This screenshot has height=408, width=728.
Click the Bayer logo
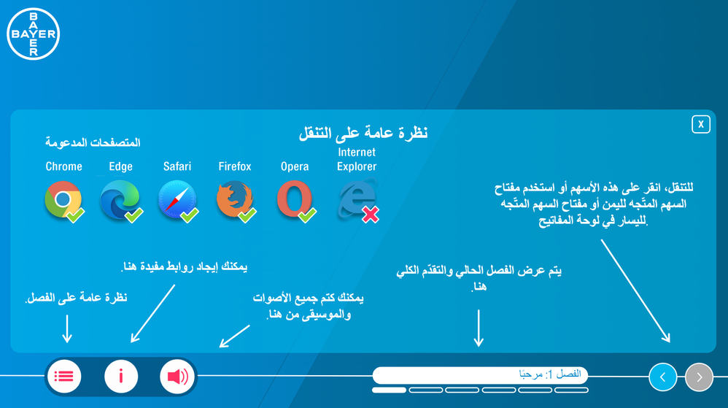point(34,34)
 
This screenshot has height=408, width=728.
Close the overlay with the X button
point(700,124)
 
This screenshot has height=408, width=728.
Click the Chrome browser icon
point(63,199)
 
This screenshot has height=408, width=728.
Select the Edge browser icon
point(120,199)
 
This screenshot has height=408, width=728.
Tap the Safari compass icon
point(177,199)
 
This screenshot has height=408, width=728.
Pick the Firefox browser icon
point(234,200)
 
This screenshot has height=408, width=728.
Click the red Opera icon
point(295,199)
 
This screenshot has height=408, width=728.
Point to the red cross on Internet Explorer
point(370,215)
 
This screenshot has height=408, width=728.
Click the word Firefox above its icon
point(235,166)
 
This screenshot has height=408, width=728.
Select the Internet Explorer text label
point(357,159)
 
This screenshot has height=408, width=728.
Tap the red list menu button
point(64,377)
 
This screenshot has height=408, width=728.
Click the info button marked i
point(120,377)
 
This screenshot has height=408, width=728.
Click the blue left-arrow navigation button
point(662,377)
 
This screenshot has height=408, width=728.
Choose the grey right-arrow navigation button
point(699,377)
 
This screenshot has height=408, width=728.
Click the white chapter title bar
point(480,375)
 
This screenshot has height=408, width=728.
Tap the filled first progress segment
point(389,390)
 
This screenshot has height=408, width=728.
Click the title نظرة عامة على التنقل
point(363,133)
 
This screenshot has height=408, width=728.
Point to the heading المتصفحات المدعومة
point(93,142)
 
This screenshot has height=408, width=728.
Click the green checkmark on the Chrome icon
point(75,215)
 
